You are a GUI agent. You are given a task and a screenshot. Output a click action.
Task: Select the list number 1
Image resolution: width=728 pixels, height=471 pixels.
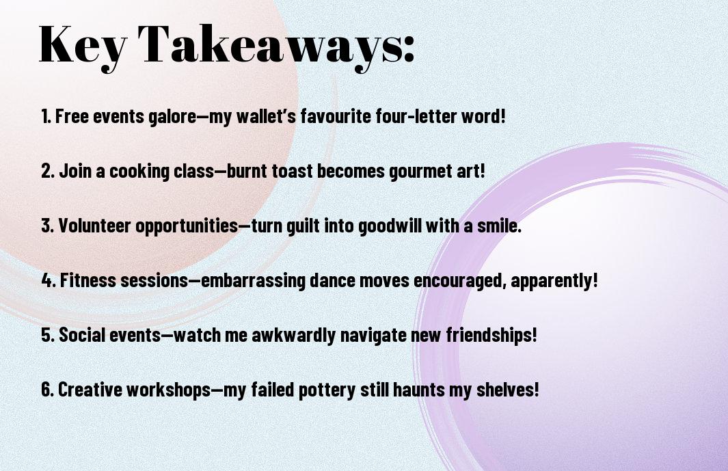(x=46, y=116)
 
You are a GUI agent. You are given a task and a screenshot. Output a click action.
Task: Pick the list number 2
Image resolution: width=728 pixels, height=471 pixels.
(x=47, y=171)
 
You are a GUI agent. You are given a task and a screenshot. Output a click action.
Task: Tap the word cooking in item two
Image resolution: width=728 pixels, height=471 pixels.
(x=139, y=171)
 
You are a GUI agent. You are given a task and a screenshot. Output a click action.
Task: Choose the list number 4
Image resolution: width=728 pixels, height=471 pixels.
(x=49, y=280)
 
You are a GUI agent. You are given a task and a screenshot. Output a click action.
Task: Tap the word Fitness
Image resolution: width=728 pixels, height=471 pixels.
(x=88, y=280)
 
